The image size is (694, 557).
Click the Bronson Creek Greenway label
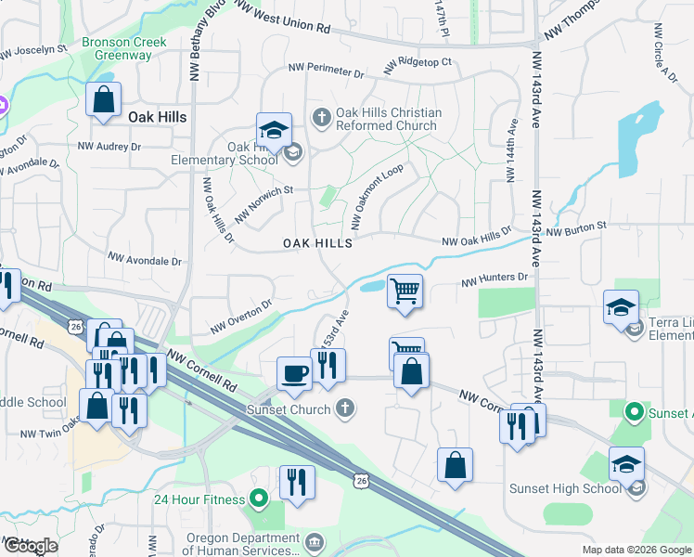(124, 48)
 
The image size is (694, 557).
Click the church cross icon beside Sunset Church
(345, 408)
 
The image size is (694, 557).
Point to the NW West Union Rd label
(282, 18)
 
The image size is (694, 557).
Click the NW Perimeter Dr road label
(326, 71)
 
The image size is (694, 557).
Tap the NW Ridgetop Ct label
(418, 64)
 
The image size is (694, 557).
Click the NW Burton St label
(575, 227)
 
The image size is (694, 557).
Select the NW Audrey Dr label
(109, 147)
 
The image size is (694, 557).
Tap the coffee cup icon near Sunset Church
(295, 373)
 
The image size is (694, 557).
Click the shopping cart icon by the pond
(405, 291)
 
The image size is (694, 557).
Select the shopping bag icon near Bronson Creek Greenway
(103, 99)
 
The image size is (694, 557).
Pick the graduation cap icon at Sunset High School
(626, 462)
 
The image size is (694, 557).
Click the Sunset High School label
(564, 488)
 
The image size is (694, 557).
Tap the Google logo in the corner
(31, 546)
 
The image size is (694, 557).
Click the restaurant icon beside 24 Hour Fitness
(298, 481)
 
